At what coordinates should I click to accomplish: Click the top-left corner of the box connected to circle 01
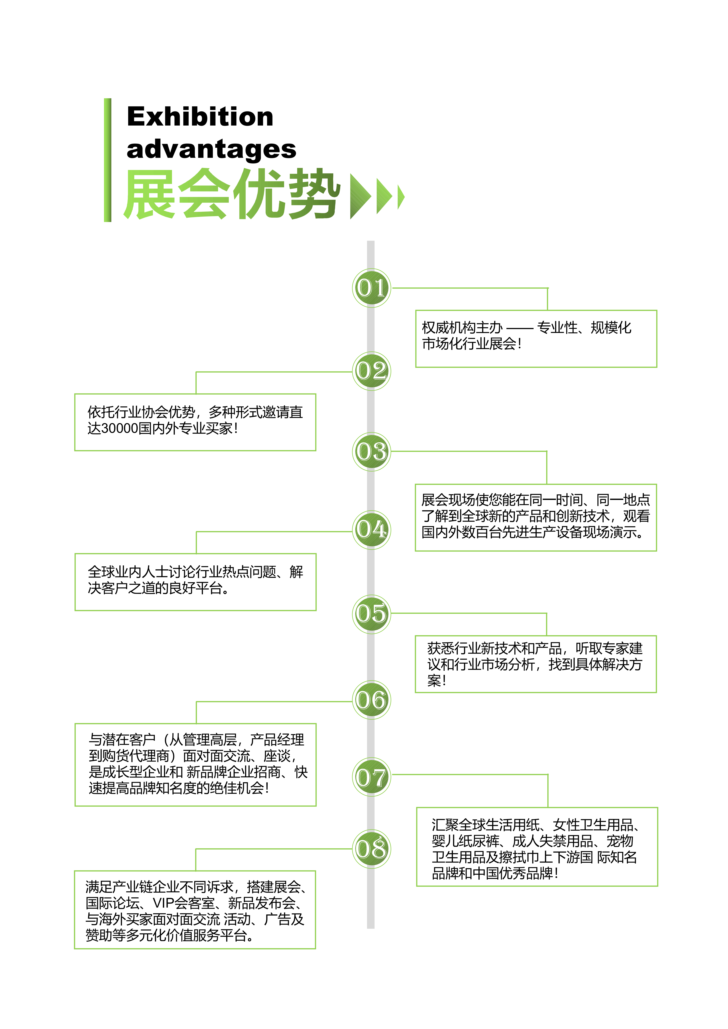coord(416,310)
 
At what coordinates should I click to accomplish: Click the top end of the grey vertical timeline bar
coord(371,241)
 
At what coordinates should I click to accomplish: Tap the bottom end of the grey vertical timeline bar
coord(371,928)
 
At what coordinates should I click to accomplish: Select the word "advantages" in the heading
coord(211,149)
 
